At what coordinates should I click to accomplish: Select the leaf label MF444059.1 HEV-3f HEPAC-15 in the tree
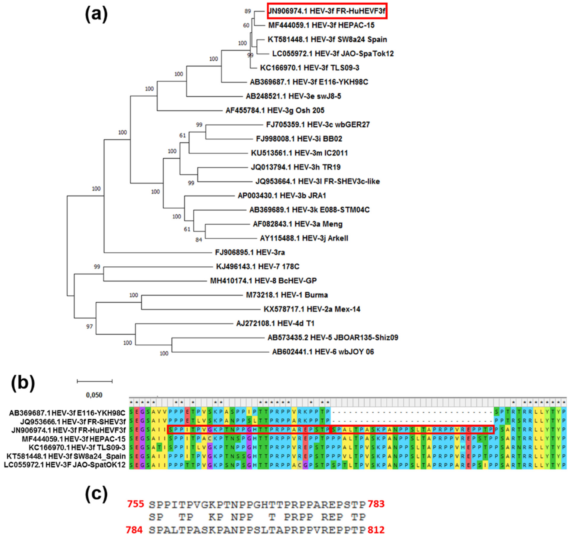321,25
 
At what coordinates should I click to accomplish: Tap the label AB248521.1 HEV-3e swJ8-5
293,96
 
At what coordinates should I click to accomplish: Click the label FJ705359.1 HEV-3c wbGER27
318,125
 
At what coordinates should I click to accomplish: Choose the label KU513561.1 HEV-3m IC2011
299,153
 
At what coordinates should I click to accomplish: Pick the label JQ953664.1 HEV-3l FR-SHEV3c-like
317,181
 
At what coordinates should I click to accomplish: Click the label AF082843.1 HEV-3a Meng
298,224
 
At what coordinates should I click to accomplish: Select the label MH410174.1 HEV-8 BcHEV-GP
263,281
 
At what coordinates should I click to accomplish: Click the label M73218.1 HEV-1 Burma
287,295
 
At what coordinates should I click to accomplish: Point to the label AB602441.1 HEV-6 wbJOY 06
323,352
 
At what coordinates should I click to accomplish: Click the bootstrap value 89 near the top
248,11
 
